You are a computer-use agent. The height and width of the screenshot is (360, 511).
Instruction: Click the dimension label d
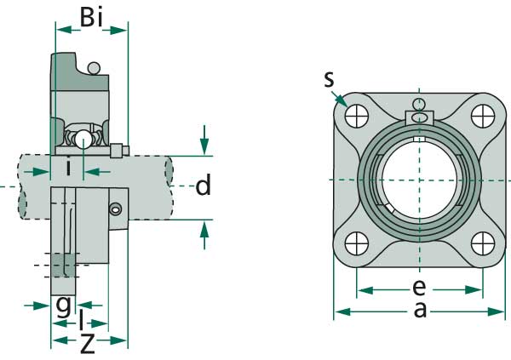203,186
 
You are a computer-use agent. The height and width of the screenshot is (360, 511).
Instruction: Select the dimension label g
63,305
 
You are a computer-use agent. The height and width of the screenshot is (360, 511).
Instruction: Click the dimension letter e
418,287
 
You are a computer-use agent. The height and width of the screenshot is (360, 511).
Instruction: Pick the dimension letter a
419,310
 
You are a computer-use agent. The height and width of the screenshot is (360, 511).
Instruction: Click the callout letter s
329,80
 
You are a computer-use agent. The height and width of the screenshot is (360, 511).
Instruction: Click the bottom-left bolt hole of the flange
357,243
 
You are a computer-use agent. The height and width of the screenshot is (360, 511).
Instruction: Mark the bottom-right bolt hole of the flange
481,243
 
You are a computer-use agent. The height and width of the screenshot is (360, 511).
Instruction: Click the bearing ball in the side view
83,140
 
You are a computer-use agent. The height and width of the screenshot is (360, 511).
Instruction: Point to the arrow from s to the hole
342,99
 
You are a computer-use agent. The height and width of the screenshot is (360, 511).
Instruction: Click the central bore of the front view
418,179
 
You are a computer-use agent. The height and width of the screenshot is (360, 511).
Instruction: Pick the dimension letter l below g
81,322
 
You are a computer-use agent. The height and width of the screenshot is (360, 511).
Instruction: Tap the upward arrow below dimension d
204,233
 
